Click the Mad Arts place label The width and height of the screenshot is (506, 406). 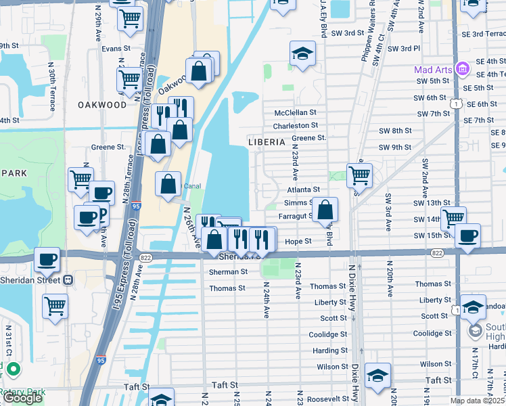[433, 69]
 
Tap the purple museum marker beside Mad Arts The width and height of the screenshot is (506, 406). [463, 69]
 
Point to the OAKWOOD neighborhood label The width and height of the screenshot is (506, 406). [102, 105]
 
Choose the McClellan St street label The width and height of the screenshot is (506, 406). [296, 113]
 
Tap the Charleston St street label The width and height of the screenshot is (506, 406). [296, 125]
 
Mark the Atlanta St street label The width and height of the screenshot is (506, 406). [302, 191]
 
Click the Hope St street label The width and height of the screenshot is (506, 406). [298, 241]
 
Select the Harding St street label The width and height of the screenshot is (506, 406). [330, 351]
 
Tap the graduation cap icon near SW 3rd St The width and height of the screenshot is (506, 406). [302, 53]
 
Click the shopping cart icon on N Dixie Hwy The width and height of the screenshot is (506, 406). [359, 175]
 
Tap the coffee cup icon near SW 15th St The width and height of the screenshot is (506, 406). [467, 235]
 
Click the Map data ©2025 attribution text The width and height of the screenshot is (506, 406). [478, 401]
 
